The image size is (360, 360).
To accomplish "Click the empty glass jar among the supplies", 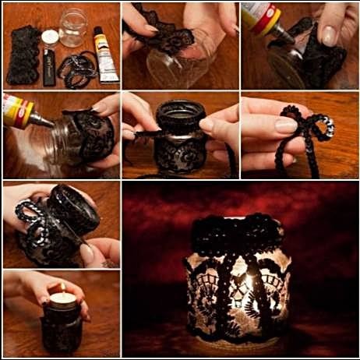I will click(x=73, y=28).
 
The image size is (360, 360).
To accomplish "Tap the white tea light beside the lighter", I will click(x=51, y=37).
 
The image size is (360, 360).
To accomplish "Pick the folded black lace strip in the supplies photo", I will click(x=23, y=55).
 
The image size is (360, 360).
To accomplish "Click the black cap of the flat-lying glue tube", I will click(x=99, y=32).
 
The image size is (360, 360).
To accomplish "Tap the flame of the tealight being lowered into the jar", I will click(x=62, y=289).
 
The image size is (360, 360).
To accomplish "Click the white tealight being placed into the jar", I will click(x=62, y=298).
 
